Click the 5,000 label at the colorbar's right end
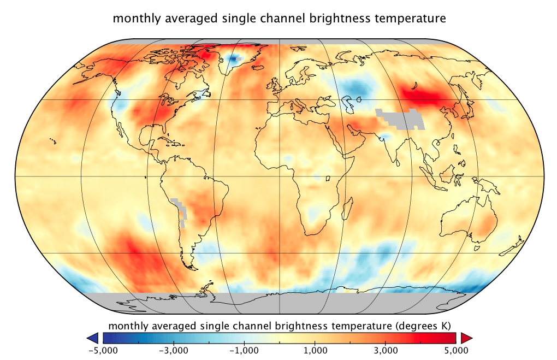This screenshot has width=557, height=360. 456,349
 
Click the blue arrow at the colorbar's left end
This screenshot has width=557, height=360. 92,338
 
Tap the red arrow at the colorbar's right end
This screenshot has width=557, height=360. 466,338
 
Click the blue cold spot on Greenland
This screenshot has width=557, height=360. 235,59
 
